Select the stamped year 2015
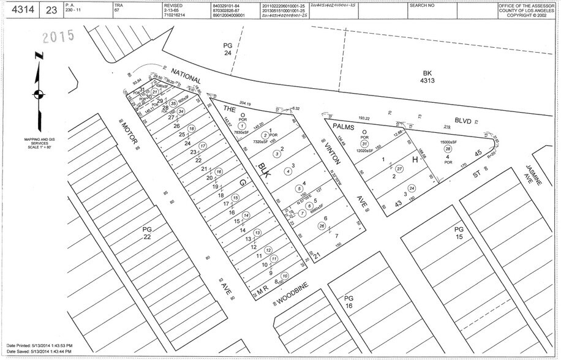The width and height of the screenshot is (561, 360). (58, 36)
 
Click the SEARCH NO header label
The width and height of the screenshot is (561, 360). (421, 5)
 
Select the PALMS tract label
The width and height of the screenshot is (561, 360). (344, 125)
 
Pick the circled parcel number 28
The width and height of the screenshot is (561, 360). (448, 149)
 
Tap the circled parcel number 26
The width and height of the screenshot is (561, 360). (322, 226)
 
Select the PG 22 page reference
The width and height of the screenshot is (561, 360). (146, 233)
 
